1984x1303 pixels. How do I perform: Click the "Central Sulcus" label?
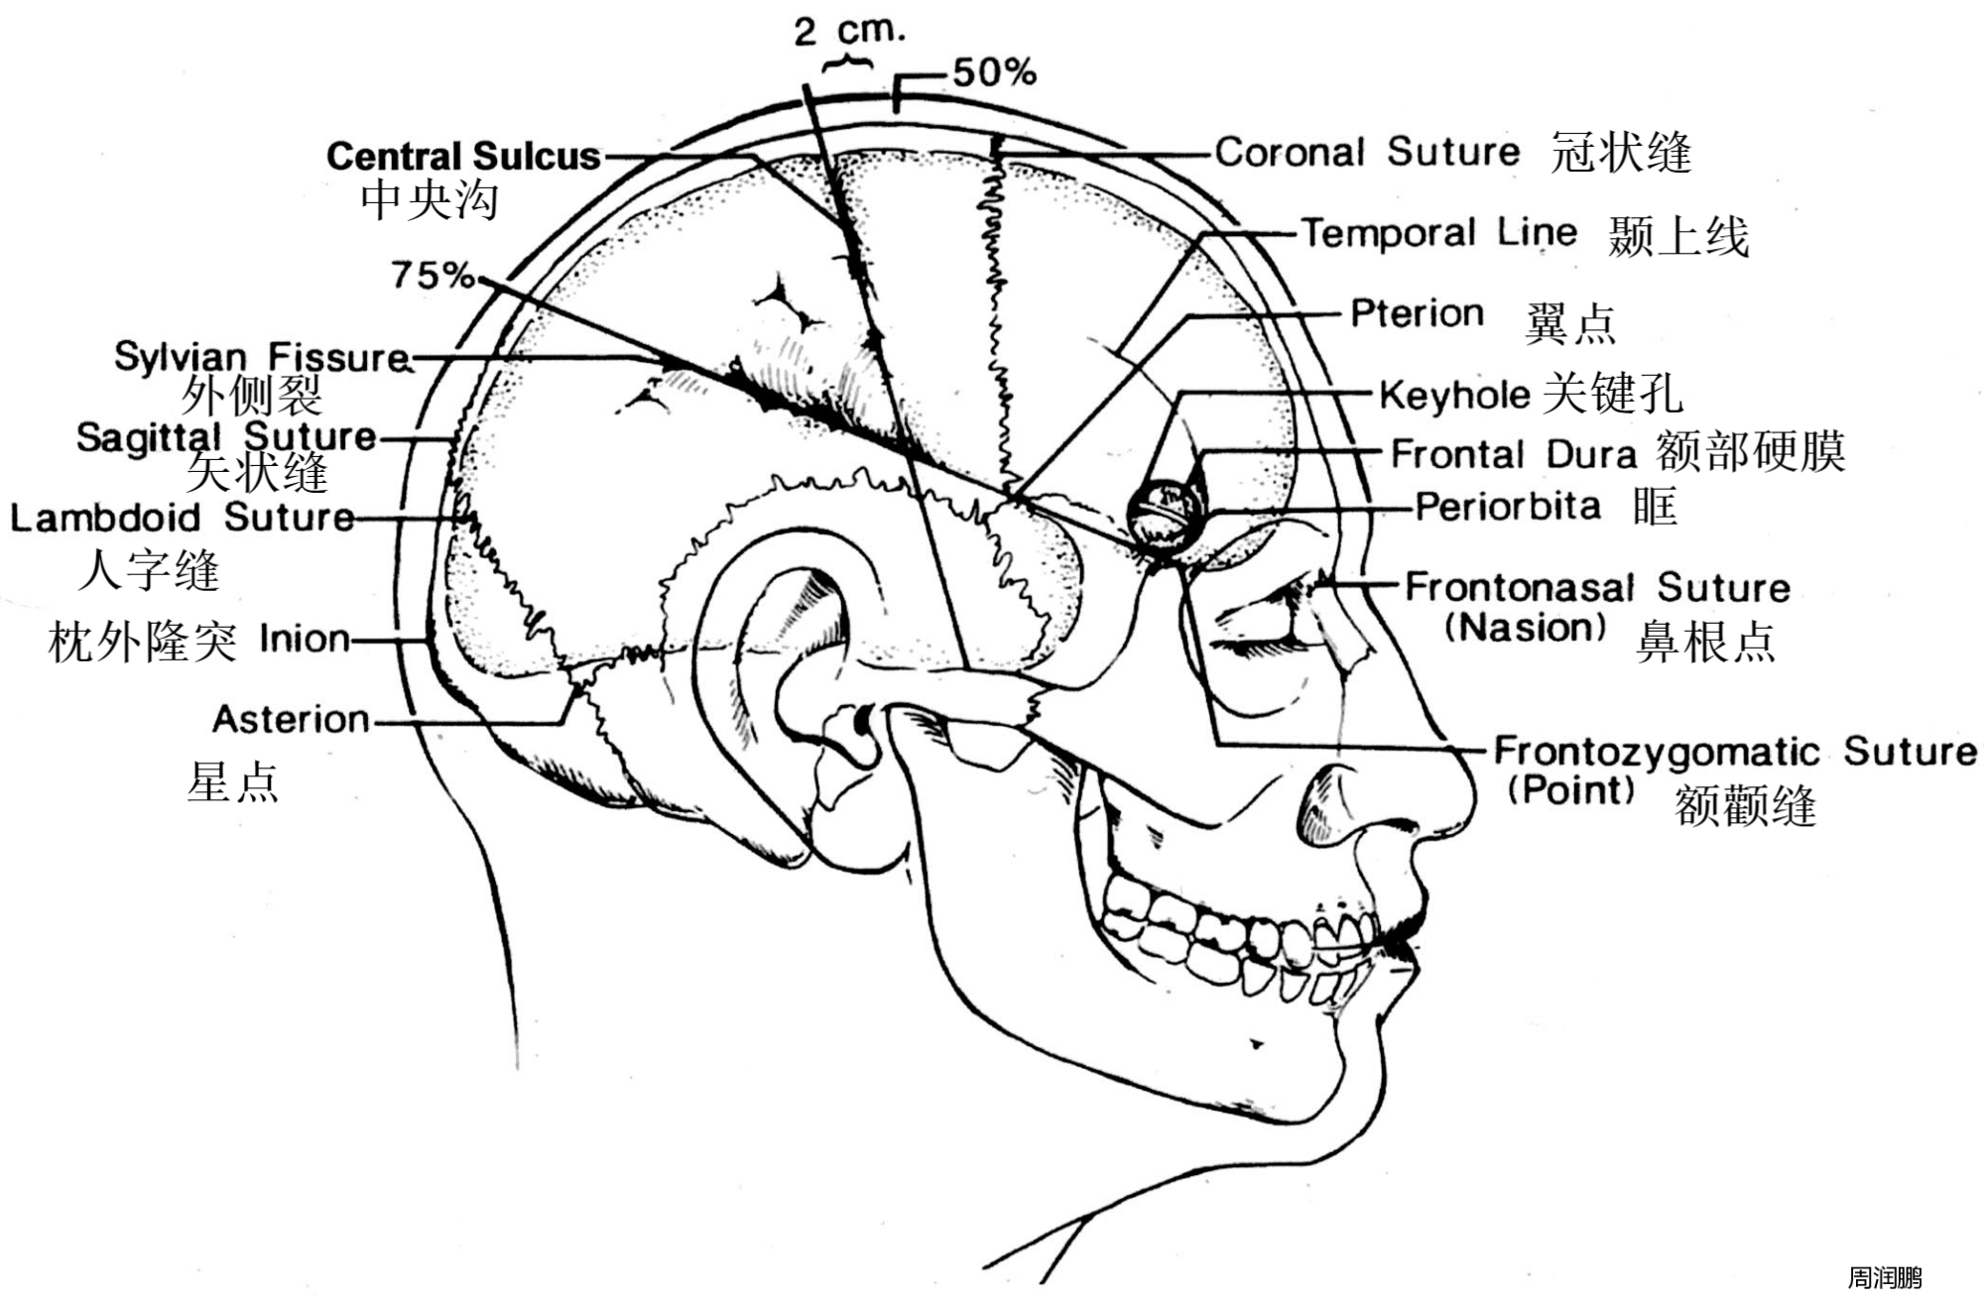click(x=463, y=156)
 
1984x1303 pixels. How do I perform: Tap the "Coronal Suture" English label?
click(x=1367, y=152)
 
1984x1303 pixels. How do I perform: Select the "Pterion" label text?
click(x=1417, y=313)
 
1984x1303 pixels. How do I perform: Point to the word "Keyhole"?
click(x=1454, y=395)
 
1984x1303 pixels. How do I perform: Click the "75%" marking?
click(x=433, y=275)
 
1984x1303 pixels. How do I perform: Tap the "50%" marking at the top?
click(x=994, y=72)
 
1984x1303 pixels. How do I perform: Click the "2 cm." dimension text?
click(x=849, y=31)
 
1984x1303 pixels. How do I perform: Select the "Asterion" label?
click(x=291, y=719)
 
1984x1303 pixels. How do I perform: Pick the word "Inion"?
click(x=304, y=639)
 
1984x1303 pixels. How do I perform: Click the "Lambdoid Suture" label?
click(x=183, y=517)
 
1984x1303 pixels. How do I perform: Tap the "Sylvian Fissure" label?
click(x=262, y=357)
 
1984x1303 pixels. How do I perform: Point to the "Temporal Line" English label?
click(x=1438, y=233)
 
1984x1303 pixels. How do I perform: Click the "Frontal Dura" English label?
click(x=1513, y=454)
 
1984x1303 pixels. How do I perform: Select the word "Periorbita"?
click(x=1508, y=507)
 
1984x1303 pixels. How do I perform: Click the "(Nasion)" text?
click(x=1525, y=628)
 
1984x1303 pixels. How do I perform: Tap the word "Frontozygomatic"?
click(x=1657, y=752)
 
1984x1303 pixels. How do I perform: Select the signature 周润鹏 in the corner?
click(x=1884, y=1278)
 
